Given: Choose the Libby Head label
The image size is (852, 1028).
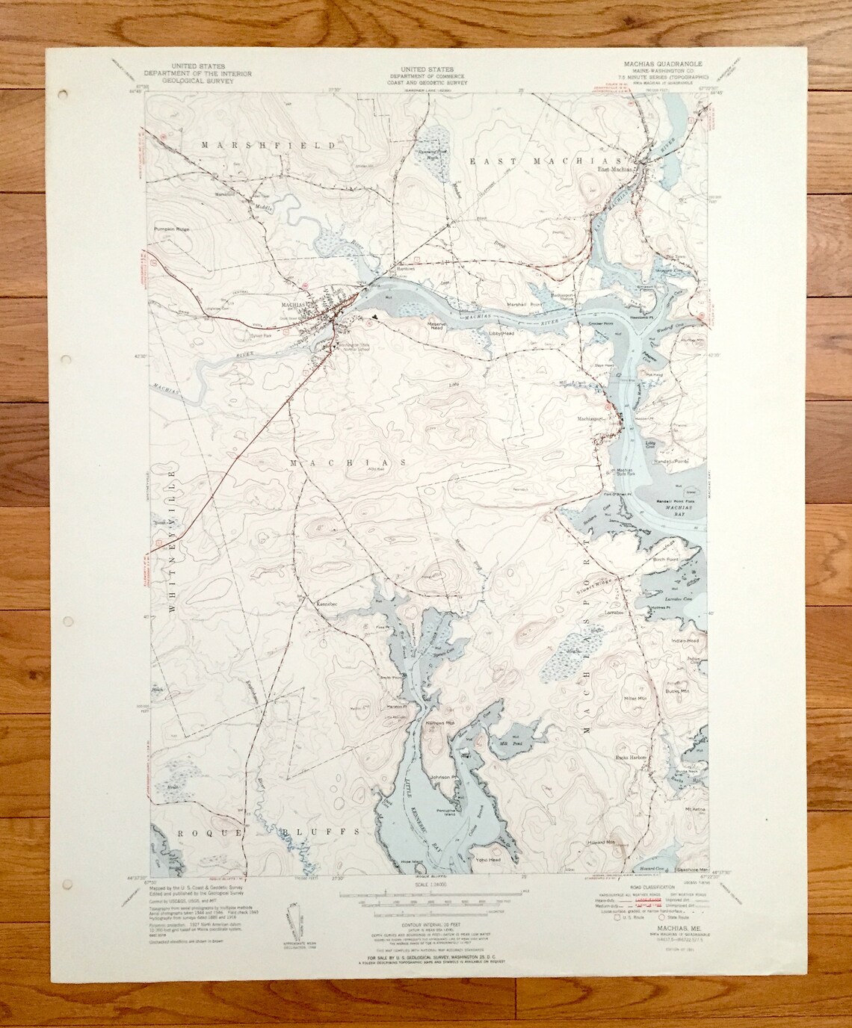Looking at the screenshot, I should tap(501, 332).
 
